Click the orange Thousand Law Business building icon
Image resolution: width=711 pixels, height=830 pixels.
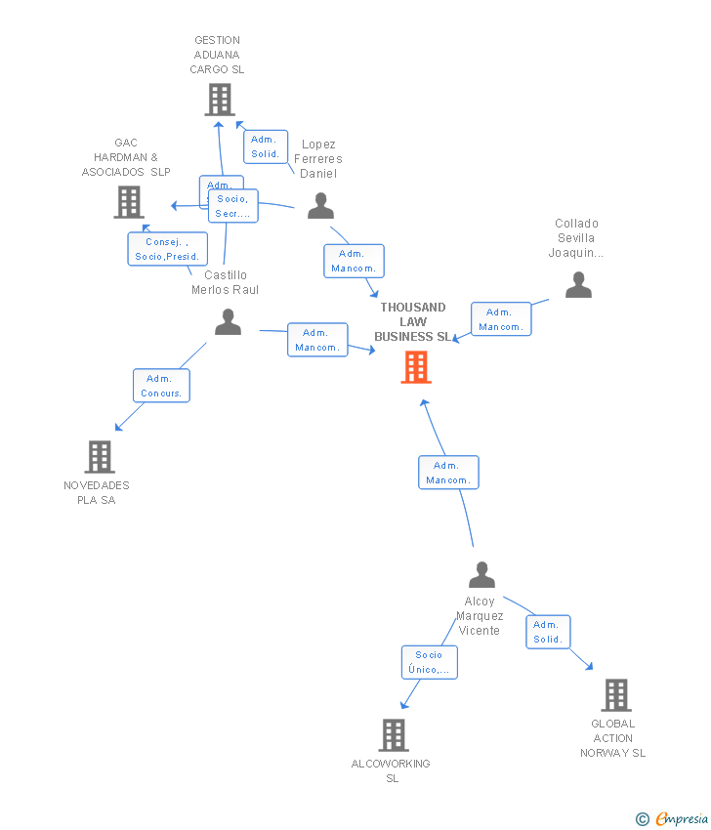(x=416, y=367)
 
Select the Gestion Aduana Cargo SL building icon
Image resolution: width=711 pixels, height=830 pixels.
(x=220, y=100)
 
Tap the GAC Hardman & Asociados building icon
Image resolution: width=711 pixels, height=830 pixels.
(x=129, y=202)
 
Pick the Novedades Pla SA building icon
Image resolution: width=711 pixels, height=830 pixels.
(x=100, y=456)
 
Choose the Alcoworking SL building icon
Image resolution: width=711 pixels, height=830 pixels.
(x=393, y=734)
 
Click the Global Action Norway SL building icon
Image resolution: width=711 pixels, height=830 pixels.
(x=615, y=694)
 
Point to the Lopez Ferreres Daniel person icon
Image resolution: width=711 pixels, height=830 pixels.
(x=320, y=206)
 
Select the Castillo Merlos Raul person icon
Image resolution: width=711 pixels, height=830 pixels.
(x=228, y=321)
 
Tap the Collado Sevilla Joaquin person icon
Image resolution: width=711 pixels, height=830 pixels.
(x=578, y=284)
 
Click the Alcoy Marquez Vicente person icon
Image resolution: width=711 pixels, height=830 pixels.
(x=481, y=574)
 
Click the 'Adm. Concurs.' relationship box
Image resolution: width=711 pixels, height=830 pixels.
(x=161, y=386)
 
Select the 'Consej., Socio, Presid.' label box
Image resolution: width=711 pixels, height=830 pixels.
(x=167, y=249)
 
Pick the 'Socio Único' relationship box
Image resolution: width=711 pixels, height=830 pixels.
(x=429, y=662)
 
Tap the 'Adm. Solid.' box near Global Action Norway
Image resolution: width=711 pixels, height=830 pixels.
(x=547, y=632)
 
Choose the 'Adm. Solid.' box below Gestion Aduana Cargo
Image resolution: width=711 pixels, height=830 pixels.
(x=265, y=146)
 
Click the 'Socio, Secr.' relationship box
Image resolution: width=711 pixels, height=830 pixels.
(x=233, y=206)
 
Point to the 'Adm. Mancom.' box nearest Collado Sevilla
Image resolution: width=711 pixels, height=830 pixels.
(x=501, y=319)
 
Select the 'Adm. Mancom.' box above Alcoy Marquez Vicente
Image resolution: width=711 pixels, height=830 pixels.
(x=448, y=473)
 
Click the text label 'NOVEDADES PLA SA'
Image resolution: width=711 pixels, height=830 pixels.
(x=96, y=493)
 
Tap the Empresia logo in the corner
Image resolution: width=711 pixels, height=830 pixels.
(x=671, y=819)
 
